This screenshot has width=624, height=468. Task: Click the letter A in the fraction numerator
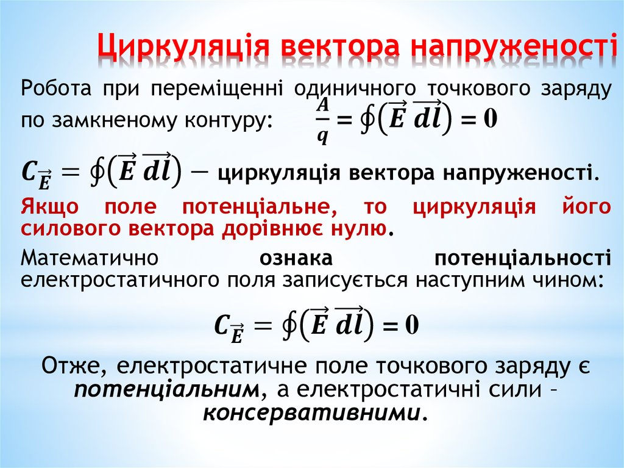pyautogui.click(x=322, y=104)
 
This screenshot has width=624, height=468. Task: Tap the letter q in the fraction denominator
pyautogui.click(x=322, y=138)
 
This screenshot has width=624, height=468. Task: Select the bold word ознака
pyautogui.click(x=296, y=258)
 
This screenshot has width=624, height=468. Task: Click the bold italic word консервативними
pyautogui.click(x=311, y=412)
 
